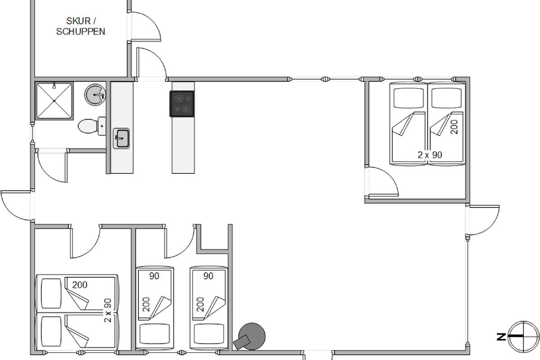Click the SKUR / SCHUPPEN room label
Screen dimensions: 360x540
coord(81,26)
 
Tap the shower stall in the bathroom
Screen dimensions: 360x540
coord(54,101)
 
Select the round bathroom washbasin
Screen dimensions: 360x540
coord(95,94)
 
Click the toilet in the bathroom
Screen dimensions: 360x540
coord(90,126)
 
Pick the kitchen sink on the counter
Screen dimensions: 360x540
coord(121,138)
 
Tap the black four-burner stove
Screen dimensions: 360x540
coord(182,103)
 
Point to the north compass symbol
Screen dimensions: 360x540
coord(522,336)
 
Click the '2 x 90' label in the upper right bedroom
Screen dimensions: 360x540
coord(430,155)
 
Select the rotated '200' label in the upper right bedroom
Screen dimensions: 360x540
coord(454,127)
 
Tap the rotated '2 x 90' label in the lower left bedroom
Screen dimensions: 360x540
coord(108,310)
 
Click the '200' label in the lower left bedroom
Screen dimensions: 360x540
coord(80,285)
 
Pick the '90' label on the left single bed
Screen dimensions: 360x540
coord(154,276)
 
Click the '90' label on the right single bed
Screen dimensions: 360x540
coord(208,276)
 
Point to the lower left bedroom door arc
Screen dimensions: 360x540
coord(85,243)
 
